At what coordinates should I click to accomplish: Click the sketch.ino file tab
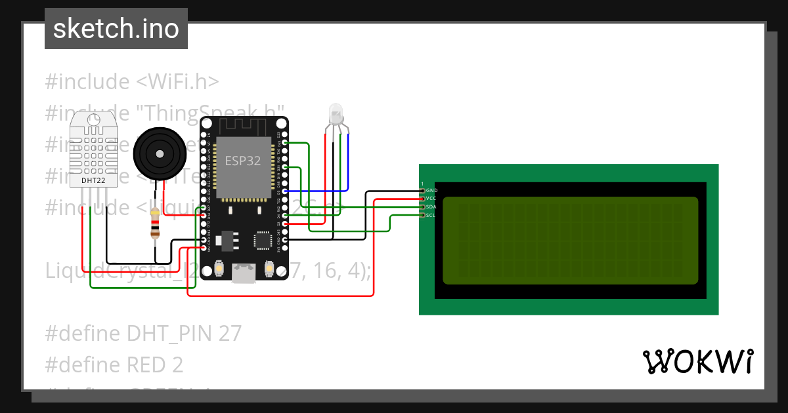(116, 29)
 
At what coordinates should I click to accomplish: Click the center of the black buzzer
(158, 153)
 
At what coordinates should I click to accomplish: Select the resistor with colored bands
(155, 224)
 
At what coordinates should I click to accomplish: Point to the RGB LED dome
(336, 112)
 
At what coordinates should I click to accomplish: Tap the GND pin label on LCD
(432, 190)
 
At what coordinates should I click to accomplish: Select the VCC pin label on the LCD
(431, 198)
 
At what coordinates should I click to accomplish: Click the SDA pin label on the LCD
(431, 206)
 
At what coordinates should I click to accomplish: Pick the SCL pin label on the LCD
(431, 215)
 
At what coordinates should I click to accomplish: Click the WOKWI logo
(697, 361)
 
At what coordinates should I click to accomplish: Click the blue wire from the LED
(348, 164)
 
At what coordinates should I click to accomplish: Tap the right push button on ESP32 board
(269, 267)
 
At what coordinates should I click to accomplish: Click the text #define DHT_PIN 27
(143, 334)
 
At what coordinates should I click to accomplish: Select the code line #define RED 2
(114, 364)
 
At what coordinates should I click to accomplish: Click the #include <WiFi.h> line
(132, 82)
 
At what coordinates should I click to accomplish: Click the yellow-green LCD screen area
(570, 241)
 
